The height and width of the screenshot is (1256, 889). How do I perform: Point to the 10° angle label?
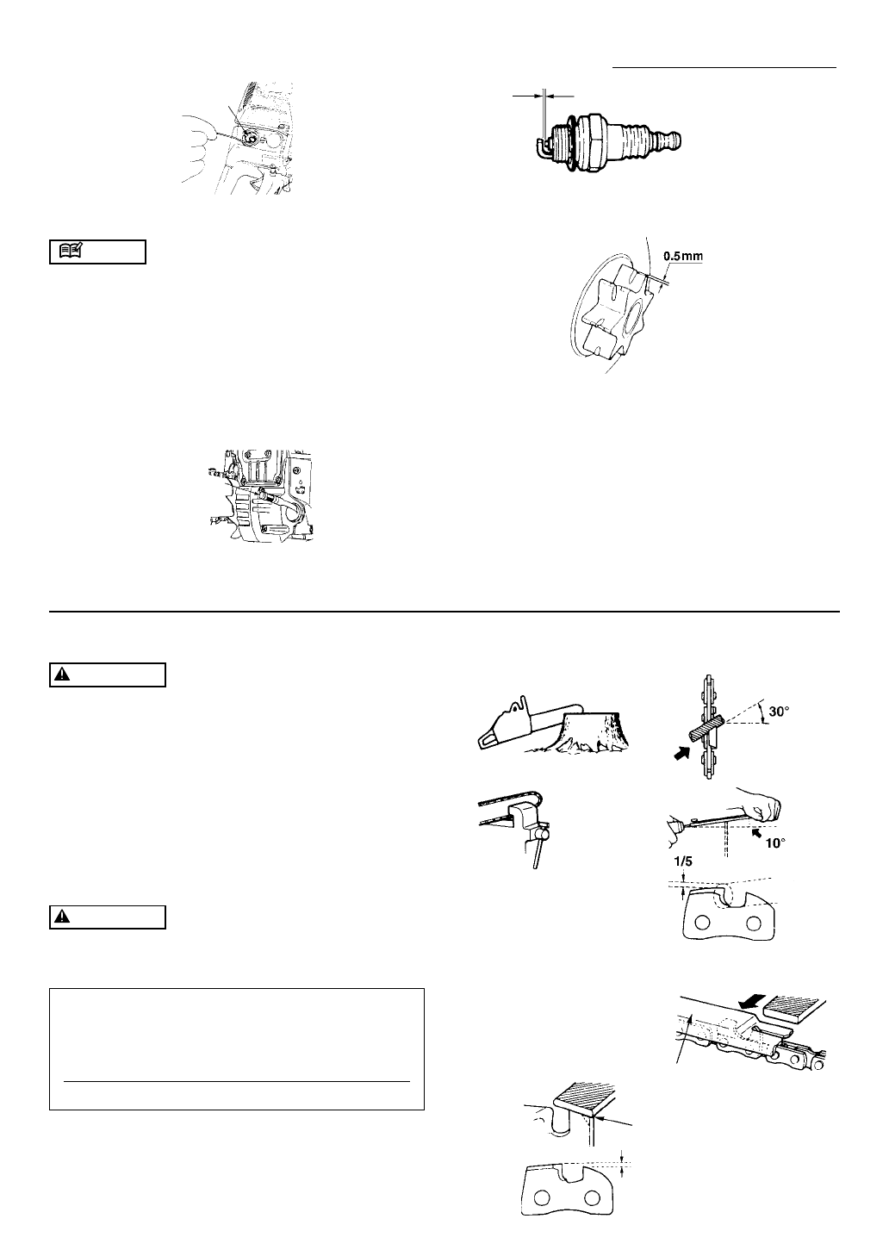pos(775,843)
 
